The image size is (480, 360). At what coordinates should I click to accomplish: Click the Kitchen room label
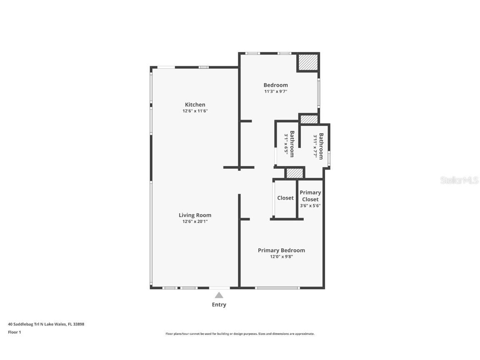coord(195,105)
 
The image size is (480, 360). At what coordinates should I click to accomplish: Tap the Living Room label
coord(195,215)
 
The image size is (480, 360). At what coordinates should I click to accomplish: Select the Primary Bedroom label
coord(281,250)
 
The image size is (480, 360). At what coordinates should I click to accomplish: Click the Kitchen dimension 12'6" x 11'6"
coord(195,111)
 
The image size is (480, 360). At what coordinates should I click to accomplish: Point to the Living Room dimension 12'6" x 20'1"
coord(195,222)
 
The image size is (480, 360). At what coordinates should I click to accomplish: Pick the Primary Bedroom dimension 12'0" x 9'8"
coord(281,257)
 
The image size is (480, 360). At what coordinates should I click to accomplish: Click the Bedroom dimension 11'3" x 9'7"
coord(275,92)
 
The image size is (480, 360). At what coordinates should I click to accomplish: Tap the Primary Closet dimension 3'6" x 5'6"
coord(310,206)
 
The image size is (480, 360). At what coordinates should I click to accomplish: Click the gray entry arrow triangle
coord(219,295)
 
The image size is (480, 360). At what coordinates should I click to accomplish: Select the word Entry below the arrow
coord(219,305)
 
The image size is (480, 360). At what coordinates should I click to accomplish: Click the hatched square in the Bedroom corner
coord(307,62)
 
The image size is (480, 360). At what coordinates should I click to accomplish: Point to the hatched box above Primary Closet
coord(295,173)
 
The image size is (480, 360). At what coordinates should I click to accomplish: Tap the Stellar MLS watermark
coord(460,180)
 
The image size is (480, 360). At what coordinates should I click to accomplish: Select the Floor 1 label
coord(14,332)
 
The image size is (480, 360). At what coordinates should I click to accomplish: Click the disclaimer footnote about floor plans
coord(240,334)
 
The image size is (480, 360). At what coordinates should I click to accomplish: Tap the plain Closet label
coord(285,198)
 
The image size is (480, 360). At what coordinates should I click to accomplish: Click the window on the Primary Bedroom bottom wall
coord(277,287)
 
